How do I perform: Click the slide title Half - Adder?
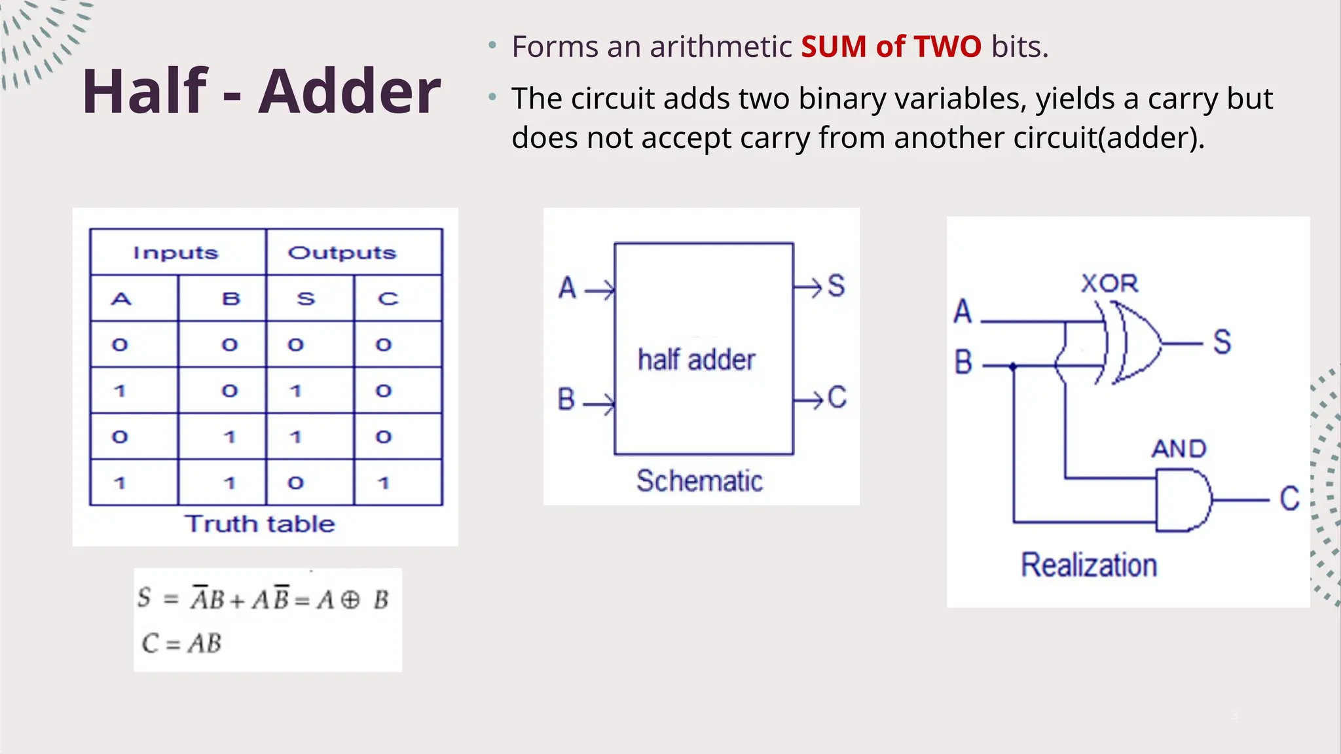point(261,92)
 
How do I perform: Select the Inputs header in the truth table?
point(175,253)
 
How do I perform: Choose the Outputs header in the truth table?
point(342,253)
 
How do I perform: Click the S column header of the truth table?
point(306,299)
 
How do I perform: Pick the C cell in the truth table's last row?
point(384,483)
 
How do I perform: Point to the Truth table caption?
point(260,524)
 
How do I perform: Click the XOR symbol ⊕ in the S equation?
point(350,600)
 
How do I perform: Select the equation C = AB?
point(182,643)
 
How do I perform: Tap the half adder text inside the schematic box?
point(697,360)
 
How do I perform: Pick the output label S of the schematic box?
point(837,286)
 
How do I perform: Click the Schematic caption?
point(699,481)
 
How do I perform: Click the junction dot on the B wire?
point(1014,367)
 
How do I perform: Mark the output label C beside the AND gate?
point(1289,499)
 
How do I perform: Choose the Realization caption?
point(1089,565)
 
